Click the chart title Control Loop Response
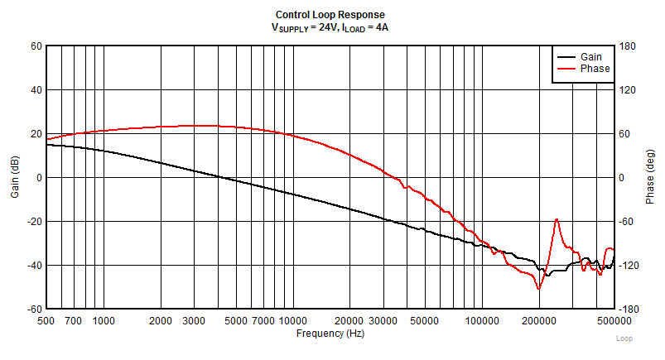330,15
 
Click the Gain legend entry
590,56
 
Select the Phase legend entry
595,68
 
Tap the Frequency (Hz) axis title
330,333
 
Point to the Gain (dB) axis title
14,176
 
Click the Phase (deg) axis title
650,176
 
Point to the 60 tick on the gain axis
36,46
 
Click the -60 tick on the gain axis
34,309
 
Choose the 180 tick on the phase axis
628,46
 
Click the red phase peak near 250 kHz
557,219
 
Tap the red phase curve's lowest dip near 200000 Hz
539,289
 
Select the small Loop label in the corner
624,338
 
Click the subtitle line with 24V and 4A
330,27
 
